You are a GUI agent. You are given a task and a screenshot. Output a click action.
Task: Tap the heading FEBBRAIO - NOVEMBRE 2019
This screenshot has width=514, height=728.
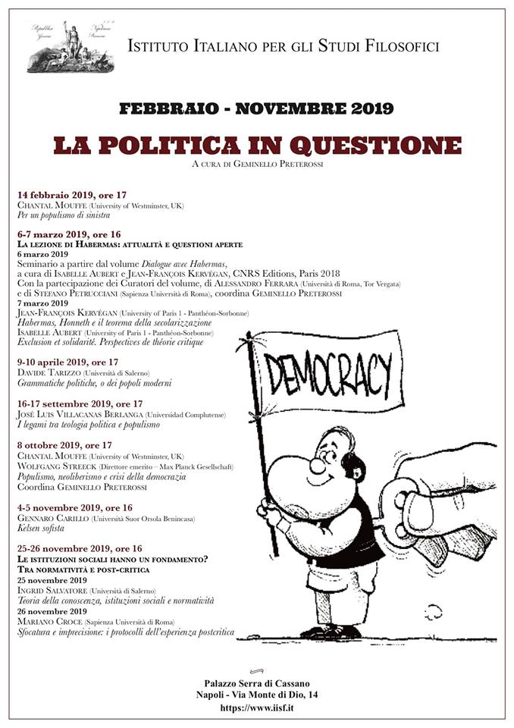click(256, 108)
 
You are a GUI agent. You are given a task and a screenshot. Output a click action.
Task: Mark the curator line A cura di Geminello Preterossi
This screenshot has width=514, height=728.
click(256, 162)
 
